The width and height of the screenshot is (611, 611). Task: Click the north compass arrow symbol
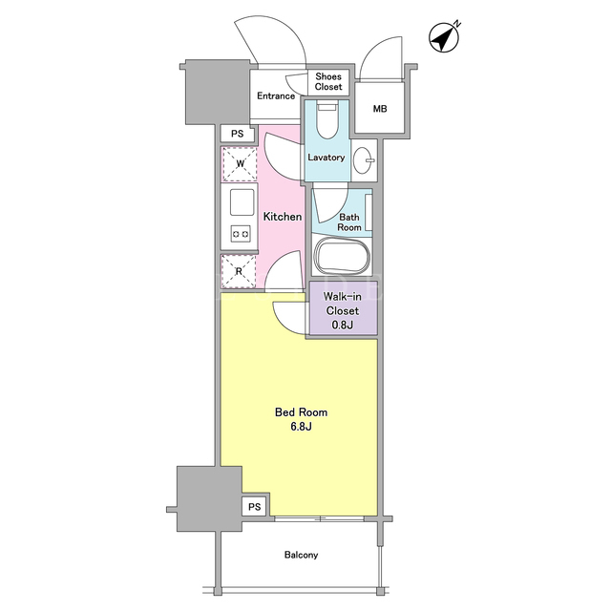(444, 37)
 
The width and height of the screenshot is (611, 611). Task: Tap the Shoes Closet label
(328, 82)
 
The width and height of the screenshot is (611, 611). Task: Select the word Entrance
(276, 95)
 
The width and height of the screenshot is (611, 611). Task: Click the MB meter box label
(380, 109)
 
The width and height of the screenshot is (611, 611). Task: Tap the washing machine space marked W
(240, 164)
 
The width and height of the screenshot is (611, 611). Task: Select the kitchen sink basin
(242, 202)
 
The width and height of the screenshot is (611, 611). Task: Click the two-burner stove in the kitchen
(241, 234)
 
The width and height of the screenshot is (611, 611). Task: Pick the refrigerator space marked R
(239, 271)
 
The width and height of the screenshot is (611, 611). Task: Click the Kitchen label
(283, 217)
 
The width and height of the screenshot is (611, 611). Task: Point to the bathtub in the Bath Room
(342, 257)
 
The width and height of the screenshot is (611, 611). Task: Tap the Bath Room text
(349, 222)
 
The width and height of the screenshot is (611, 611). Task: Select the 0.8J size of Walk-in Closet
(343, 325)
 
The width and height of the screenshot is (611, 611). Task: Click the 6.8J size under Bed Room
(301, 427)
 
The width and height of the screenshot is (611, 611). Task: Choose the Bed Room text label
(302, 412)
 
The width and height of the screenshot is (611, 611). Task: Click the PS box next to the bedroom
(255, 507)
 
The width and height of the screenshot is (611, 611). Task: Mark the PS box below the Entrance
(238, 134)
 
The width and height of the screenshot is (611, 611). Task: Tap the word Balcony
(302, 555)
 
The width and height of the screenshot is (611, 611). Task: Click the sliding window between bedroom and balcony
(319, 518)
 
